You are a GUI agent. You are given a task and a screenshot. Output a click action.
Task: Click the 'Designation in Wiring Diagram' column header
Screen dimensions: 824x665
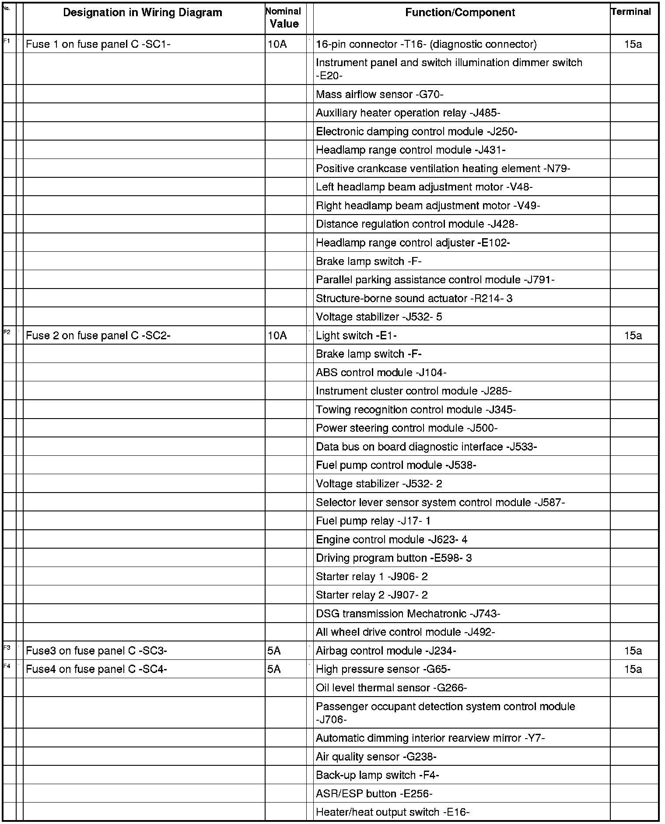point(143,13)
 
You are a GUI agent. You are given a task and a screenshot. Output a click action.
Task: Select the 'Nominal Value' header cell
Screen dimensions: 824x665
point(284,18)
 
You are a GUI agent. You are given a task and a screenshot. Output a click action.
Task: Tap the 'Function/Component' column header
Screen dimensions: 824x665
point(460,13)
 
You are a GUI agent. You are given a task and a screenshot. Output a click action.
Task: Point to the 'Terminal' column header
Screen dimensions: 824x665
point(631,12)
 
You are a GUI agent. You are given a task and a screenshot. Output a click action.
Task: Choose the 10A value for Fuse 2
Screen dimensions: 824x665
point(277,336)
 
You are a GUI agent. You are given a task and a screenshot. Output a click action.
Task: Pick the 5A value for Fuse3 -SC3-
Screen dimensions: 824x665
point(274,651)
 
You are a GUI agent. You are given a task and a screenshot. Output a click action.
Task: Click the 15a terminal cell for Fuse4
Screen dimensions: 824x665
point(633,669)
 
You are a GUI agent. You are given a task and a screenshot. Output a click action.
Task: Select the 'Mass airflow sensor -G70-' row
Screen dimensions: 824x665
point(379,95)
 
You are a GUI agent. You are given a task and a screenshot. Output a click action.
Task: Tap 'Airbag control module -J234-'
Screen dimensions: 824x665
point(386,651)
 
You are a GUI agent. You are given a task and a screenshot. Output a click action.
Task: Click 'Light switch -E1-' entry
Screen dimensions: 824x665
point(356,336)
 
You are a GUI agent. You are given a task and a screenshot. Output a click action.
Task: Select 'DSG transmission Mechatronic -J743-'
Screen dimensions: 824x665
point(408,614)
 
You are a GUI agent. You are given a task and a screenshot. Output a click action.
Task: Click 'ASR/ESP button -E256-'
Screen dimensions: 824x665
point(374,794)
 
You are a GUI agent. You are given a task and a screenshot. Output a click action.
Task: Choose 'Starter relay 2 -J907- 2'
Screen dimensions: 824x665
point(372,595)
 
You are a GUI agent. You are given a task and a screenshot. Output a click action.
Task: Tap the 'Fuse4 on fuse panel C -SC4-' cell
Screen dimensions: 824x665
point(96,669)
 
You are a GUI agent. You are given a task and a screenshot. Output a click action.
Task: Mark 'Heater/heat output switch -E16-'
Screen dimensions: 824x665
point(392,813)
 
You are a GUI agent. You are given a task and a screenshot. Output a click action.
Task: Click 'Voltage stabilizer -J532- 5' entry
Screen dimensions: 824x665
point(379,317)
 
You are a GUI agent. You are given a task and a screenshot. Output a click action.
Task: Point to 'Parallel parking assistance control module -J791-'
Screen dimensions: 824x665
point(435,280)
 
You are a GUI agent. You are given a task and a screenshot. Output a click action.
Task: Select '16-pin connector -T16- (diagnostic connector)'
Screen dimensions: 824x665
point(426,44)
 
